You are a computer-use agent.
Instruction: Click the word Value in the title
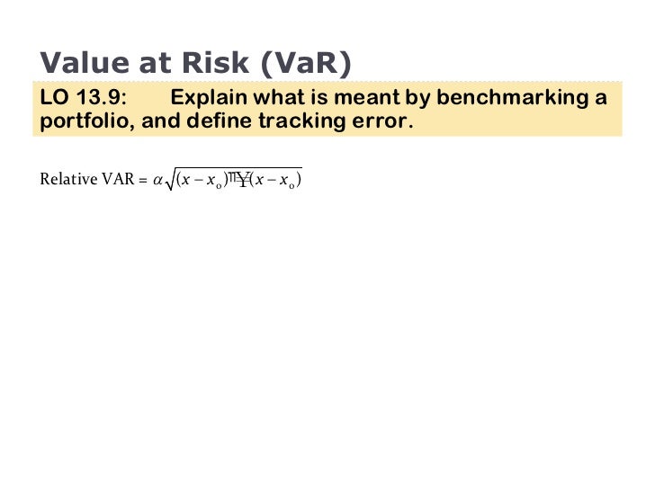82,63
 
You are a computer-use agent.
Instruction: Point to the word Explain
209,97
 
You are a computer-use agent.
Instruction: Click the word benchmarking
511,97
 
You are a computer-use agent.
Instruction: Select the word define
219,121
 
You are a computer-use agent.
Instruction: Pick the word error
387,121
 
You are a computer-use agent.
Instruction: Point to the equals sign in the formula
142,180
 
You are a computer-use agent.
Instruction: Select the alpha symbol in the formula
157,181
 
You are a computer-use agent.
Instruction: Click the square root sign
170,181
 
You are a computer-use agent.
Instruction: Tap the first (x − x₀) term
202,181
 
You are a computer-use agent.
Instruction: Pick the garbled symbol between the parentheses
238,179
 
